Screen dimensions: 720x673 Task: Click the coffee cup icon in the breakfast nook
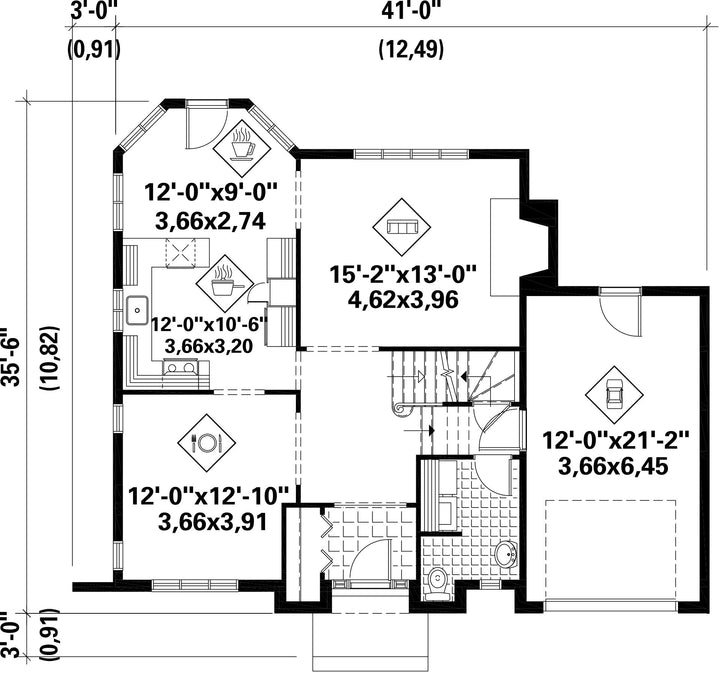(242, 145)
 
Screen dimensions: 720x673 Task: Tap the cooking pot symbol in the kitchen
(225, 281)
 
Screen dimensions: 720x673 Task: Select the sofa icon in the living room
(402, 227)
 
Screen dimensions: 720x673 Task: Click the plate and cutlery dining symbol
(207, 443)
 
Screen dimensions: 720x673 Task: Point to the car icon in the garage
(614, 394)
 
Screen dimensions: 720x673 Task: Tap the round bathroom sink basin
(506, 554)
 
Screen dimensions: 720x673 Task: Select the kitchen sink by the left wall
(137, 310)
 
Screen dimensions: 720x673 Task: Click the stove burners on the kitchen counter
(181, 367)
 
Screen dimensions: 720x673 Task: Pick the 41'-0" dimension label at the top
(411, 11)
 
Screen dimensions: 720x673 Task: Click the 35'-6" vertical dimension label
(10, 356)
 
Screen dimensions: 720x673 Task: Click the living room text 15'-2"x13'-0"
(403, 275)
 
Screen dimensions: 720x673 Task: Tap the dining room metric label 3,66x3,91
(212, 522)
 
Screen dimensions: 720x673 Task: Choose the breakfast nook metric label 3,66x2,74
(211, 222)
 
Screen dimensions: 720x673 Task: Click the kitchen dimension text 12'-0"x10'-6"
(209, 325)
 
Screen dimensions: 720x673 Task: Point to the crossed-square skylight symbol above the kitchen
(180, 252)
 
